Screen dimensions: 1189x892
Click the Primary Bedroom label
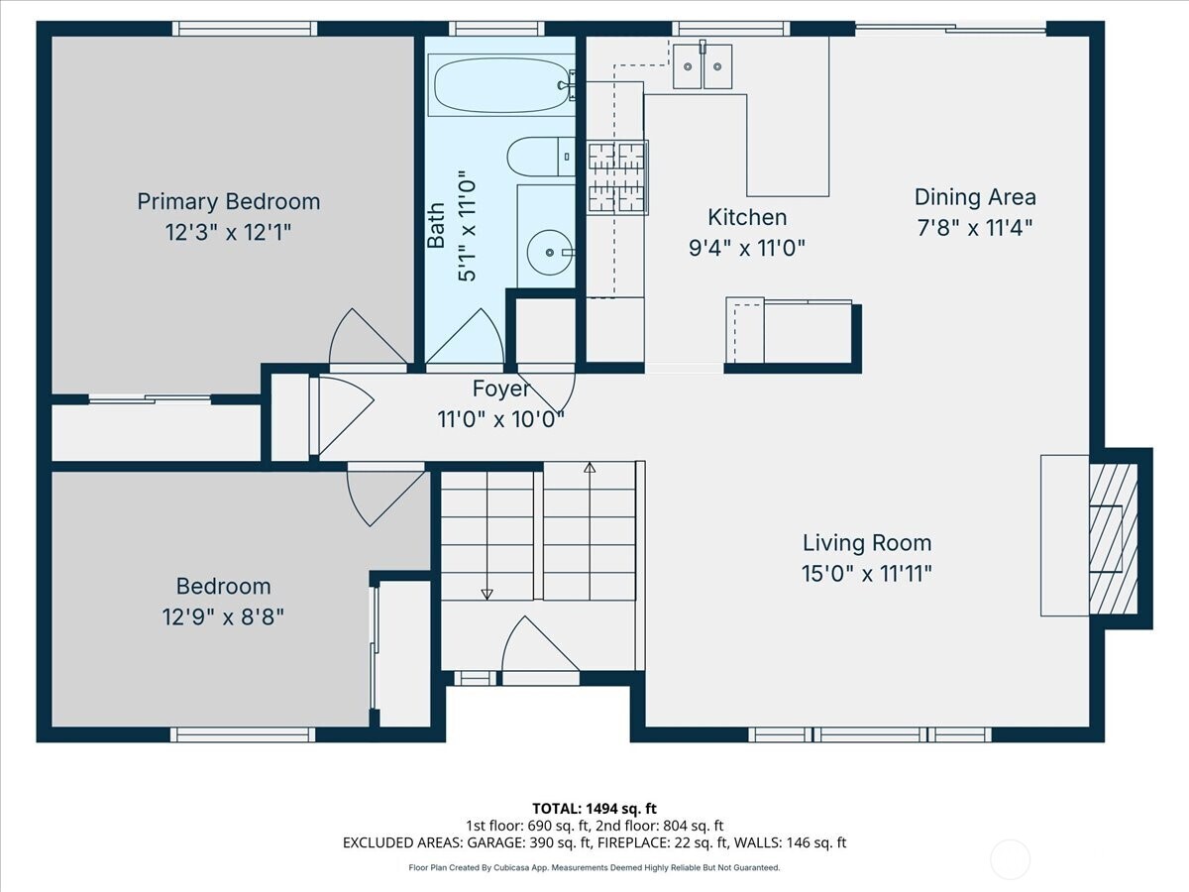(229, 201)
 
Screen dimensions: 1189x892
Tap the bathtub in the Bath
(501, 85)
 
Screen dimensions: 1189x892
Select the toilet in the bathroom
(541, 157)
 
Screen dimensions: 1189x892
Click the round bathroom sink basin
(549, 252)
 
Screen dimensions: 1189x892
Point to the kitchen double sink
(703, 66)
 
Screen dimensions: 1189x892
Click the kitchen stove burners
(618, 177)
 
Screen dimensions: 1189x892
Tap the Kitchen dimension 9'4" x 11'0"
(747, 249)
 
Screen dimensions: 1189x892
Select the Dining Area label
(975, 197)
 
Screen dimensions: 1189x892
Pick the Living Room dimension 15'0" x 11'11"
(867, 574)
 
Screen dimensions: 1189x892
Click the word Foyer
(500, 389)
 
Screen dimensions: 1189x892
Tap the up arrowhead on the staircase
(590, 468)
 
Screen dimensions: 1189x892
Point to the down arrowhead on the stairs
(486, 594)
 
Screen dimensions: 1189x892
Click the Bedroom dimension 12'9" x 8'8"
(223, 616)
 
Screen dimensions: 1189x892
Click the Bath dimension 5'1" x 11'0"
(467, 226)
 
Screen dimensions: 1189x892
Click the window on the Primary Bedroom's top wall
(245, 28)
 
